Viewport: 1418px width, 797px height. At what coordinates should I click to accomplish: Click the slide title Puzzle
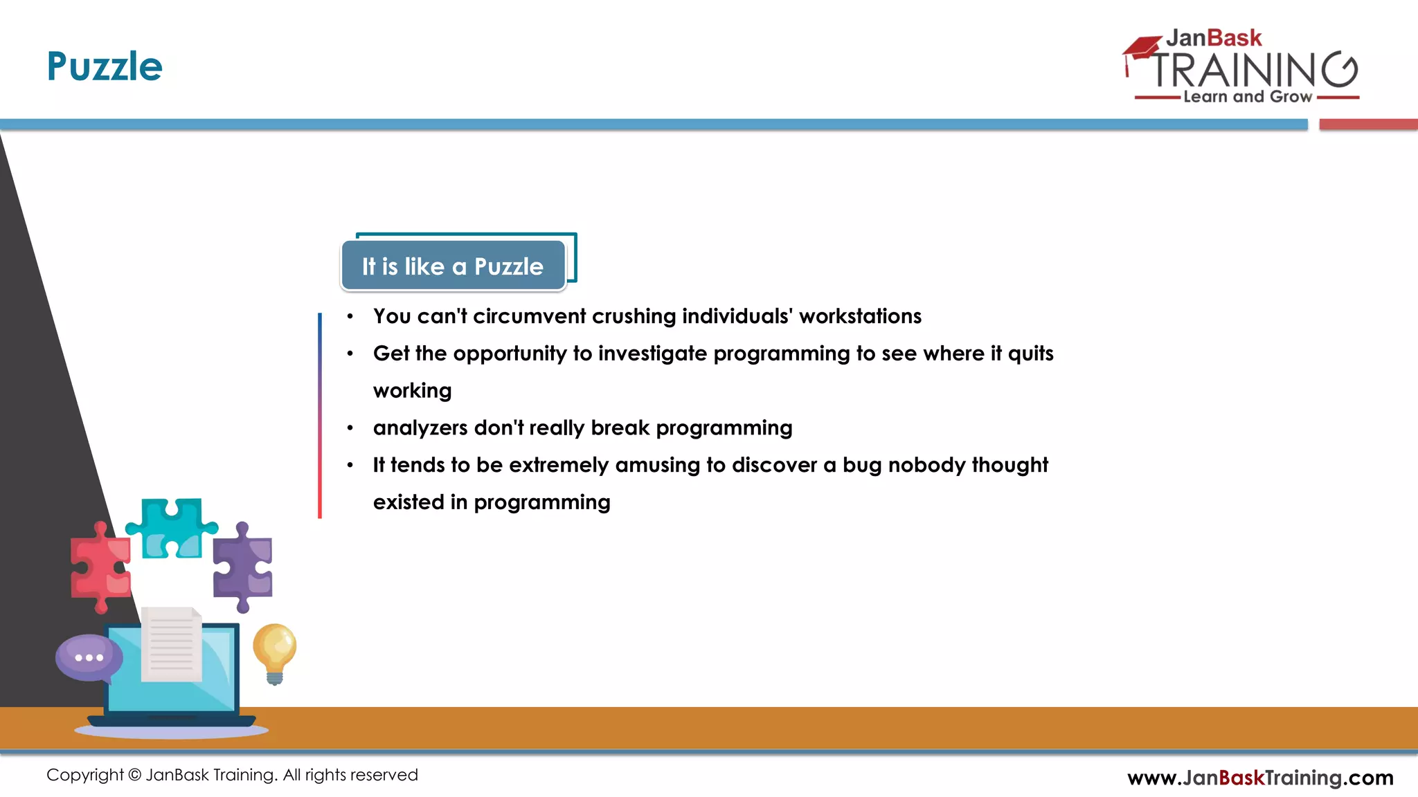pos(105,67)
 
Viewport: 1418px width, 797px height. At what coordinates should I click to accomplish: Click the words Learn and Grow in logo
pos(1247,97)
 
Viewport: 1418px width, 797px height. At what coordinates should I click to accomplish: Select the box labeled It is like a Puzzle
pos(453,266)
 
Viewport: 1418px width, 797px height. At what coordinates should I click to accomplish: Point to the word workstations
pos(860,316)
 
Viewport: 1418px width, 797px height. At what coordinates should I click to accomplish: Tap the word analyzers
pos(420,428)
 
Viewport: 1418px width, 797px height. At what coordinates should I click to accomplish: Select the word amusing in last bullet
pos(657,465)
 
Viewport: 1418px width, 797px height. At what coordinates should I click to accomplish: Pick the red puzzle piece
pos(100,567)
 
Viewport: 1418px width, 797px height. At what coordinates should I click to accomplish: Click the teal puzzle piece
pos(171,527)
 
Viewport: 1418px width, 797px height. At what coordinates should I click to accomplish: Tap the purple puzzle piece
pos(242,567)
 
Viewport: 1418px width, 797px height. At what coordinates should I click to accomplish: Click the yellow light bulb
pos(274,650)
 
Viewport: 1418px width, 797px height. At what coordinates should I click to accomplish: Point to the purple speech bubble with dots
pos(89,658)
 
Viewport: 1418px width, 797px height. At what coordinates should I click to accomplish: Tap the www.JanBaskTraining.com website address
pos(1260,778)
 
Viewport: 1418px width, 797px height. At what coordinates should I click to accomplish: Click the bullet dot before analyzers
pos(350,428)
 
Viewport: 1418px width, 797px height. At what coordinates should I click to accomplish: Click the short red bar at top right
pos(1367,125)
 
